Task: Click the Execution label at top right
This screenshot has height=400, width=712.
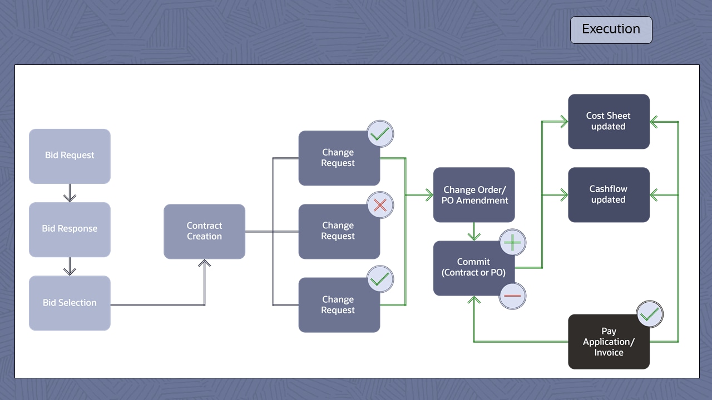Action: pos(611,29)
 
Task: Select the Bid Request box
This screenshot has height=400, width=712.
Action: pos(70,156)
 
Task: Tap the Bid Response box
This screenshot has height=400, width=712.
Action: pos(70,229)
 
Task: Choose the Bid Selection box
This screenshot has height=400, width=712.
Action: pos(70,303)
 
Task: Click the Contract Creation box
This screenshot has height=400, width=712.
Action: pos(204,231)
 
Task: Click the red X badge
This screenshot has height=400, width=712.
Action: pos(380,206)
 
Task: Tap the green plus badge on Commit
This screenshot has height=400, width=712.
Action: pos(512,243)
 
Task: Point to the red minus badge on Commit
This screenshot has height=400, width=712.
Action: pos(512,296)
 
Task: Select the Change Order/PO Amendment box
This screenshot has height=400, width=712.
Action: pos(474,195)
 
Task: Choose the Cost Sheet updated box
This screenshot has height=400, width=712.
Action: pos(609,122)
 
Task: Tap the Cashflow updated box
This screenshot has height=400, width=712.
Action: pos(609,195)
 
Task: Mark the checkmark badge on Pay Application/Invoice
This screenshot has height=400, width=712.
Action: pos(649,315)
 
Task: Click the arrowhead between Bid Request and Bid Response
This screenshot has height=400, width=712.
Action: pos(70,197)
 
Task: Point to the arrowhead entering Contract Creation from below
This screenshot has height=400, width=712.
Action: pos(205,263)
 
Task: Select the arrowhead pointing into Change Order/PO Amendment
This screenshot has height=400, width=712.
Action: pos(429,194)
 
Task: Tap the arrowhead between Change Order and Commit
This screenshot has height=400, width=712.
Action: pos(474,236)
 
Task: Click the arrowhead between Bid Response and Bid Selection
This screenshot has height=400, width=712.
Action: pos(70,271)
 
